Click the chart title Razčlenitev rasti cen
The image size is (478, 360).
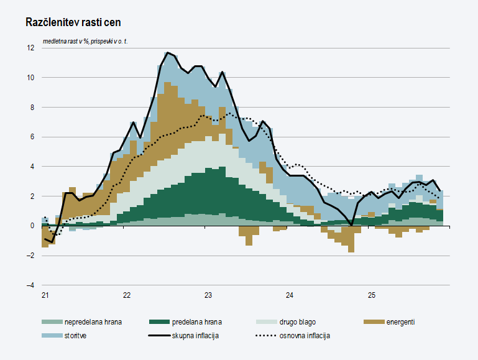pyautogui.click(x=73, y=22)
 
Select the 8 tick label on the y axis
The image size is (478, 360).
pyautogui.click(x=32, y=107)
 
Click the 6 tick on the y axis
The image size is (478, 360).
pyautogui.click(x=32, y=137)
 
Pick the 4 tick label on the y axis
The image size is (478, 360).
pyautogui.click(x=32, y=167)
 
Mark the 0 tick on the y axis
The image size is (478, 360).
pyautogui.click(x=32, y=226)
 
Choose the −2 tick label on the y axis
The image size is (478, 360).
pyautogui.click(x=30, y=256)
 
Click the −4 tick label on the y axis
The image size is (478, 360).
pyautogui.click(x=30, y=285)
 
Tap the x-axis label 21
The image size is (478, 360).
pyautogui.click(x=45, y=294)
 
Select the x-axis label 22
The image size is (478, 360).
pyautogui.click(x=126, y=294)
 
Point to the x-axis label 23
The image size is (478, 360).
pyautogui.click(x=208, y=294)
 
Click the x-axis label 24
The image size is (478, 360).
pyautogui.click(x=290, y=294)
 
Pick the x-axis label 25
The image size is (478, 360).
pyautogui.click(x=371, y=294)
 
